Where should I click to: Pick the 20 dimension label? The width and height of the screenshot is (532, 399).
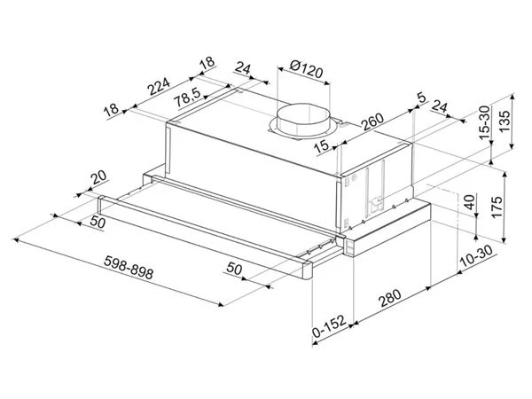(98, 177)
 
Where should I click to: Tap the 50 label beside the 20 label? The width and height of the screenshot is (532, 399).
(97, 223)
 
